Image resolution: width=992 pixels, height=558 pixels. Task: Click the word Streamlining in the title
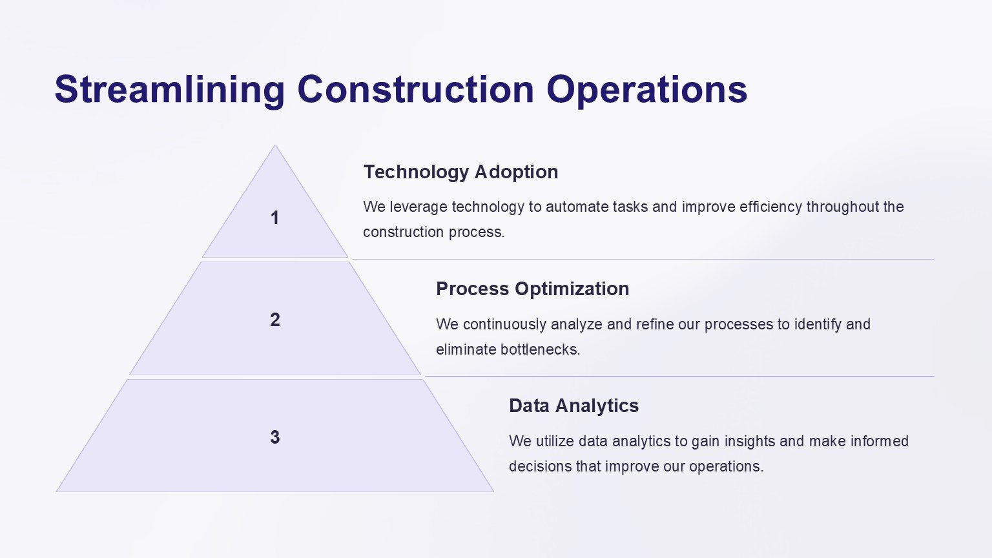pyautogui.click(x=169, y=90)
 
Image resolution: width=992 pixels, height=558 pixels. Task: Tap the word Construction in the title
pyautogui.click(x=416, y=89)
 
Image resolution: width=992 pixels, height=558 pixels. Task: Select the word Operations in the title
pyautogui.click(x=647, y=90)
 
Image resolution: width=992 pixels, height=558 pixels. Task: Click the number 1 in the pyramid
pyautogui.click(x=275, y=218)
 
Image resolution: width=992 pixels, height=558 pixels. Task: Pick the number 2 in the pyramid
pyautogui.click(x=275, y=320)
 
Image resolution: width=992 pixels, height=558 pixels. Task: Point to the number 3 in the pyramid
pyautogui.click(x=275, y=437)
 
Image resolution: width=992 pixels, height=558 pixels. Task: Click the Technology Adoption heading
pyautogui.click(x=460, y=172)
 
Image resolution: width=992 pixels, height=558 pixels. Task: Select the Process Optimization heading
pyautogui.click(x=532, y=289)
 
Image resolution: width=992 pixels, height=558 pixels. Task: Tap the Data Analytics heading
pyautogui.click(x=573, y=406)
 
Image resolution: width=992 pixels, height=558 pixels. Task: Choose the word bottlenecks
pyautogui.click(x=540, y=349)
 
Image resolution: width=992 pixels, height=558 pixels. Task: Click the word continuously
pyautogui.click(x=504, y=325)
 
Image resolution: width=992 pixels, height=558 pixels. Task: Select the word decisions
pyautogui.click(x=540, y=466)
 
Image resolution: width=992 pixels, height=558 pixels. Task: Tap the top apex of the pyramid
pyautogui.click(x=275, y=145)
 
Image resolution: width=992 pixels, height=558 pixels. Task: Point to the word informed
pyautogui.click(x=880, y=441)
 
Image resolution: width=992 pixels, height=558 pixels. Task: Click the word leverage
pyautogui.click(x=418, y=207)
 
